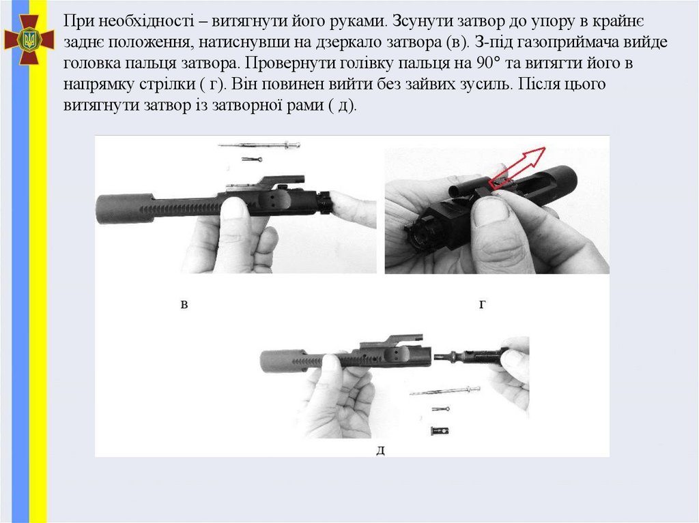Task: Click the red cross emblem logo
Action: (x=29, y=40)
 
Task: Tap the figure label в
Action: (x=184, y=305)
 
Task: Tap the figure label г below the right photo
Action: (x=482, y=305)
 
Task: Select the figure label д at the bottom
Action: (x=380, y=451)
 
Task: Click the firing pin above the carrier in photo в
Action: (x=259, y=145)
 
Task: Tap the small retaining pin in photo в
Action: (x=252, y=159)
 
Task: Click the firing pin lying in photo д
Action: (x=445, y=391)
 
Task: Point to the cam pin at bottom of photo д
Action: (x=440, y=431)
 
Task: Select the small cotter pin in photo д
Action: (x=440, y=408)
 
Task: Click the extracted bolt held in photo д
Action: (x=471, y=356)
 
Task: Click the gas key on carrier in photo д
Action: (x=393, y=340)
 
